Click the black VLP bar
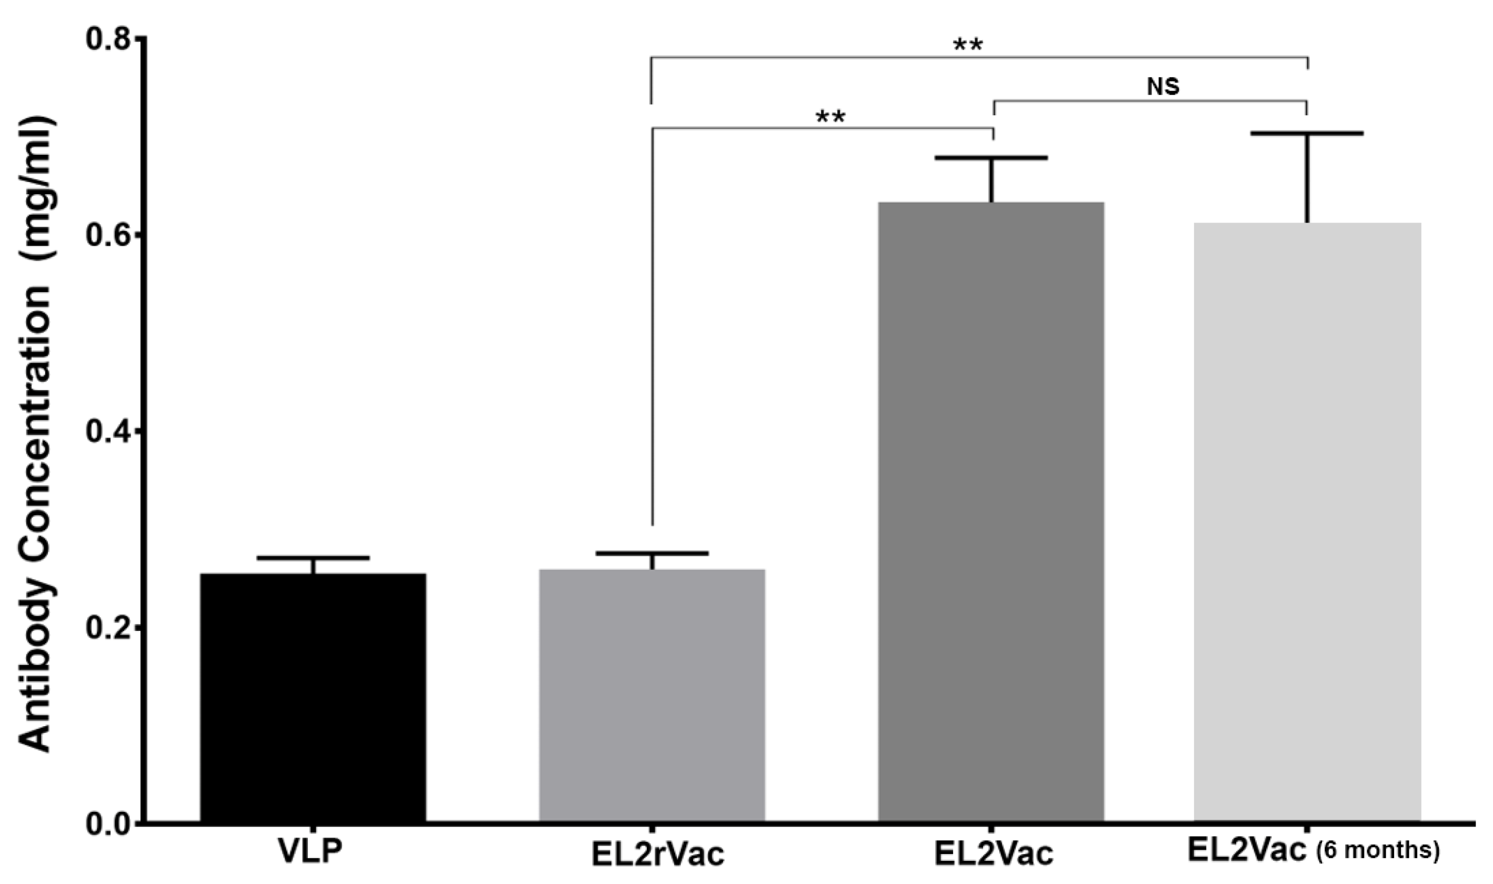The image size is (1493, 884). click(x=313, y=697)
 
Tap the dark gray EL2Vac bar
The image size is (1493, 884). click(x=991, y=513)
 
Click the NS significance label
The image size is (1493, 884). click(x=1163, y=87)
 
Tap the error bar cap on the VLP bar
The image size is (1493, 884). click(x=313, y=558)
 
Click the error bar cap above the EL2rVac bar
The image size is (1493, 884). click(x=652, y=554)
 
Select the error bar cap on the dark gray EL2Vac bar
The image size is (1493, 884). click(x=991, y=158)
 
